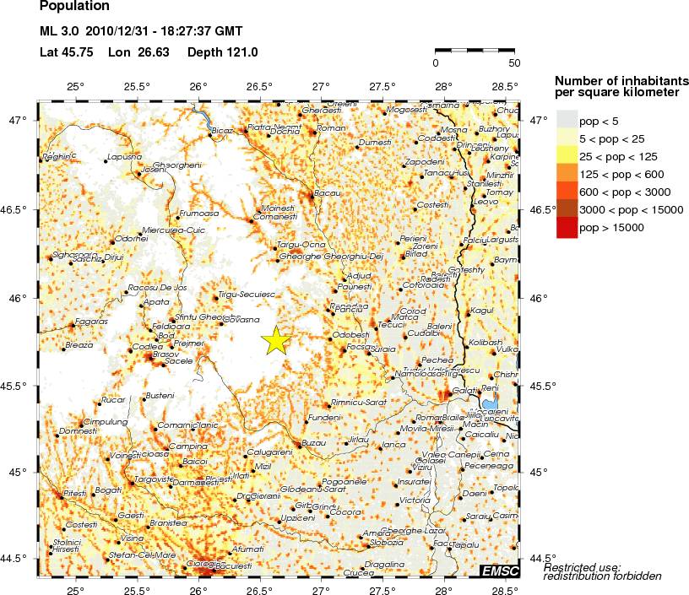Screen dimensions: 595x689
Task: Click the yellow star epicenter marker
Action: pyautogui.click(x=276, y=340)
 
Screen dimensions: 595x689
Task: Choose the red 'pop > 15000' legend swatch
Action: pyautogui.click(x=567, y=228)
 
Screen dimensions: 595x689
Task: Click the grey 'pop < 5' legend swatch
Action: pyautogui.click(x=567, y=117)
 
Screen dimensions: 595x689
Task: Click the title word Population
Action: pyautogui.click(x=74, y=7)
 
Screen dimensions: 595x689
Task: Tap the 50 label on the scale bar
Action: pyautogui.click(x=513, y=62)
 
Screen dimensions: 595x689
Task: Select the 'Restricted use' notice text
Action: pyautogui.click(x=583, y=567)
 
